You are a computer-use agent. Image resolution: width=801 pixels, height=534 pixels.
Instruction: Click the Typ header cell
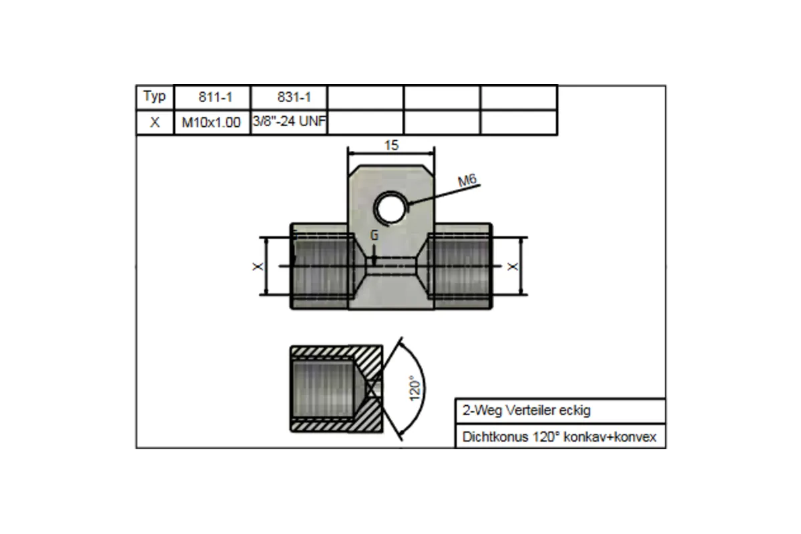tap(154, 97)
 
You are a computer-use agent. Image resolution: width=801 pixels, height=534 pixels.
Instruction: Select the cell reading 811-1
tap(212, 97)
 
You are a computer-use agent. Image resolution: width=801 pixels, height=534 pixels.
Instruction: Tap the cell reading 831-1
tap(288, 97)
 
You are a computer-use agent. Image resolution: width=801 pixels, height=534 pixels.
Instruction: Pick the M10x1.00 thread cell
tap(212, 123)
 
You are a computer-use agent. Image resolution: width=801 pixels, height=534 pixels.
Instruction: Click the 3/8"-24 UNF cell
tap(288, 122)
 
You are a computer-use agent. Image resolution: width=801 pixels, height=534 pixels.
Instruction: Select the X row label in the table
tap(154, 123)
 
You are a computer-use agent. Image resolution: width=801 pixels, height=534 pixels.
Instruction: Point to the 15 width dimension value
tap(392, 145)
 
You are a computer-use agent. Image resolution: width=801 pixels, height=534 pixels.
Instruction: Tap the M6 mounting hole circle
tap(390, 208)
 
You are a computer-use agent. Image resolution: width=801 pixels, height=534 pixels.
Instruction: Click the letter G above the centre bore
tap(374, 236)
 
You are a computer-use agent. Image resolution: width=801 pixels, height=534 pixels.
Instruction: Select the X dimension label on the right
tap(513, 266)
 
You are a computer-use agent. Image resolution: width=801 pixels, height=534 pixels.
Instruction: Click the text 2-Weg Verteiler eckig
tap(526, 411)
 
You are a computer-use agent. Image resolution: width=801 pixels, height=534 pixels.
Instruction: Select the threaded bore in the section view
tap(324, 388)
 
